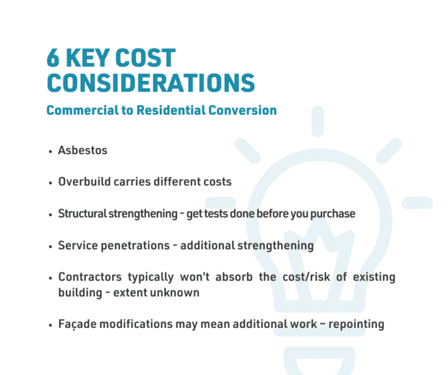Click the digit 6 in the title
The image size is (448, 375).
click(54, 59)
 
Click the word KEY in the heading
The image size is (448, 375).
click(88, 59)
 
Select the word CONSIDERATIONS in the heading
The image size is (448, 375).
click(150, 83)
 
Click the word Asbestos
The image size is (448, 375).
click(82, 150)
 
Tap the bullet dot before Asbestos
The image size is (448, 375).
click(51, 151)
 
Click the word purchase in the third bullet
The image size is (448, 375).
click(332, 214)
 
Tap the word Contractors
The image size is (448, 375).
click(91, 277)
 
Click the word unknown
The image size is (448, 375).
click(178, 292)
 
